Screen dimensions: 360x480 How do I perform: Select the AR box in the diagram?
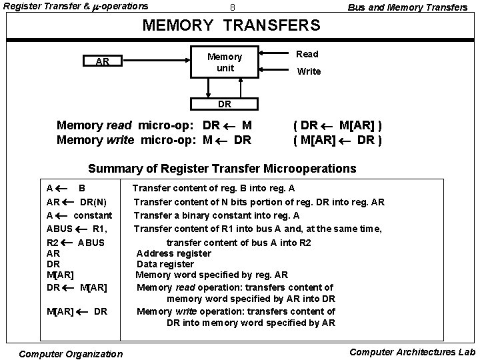click(103, 62)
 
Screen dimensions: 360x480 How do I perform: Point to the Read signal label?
click(307, 54)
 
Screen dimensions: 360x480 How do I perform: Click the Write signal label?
click(309, 71)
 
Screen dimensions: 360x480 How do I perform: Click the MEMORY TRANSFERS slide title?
click(233, 26)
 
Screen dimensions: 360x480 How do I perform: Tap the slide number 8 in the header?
click(233, 7)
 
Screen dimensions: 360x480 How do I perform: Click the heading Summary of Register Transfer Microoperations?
click(222, 167)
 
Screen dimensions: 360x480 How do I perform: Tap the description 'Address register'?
click(173, 253)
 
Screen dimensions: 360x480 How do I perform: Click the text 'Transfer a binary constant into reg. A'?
click(217, 215)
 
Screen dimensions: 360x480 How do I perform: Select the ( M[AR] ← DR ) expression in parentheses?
click(337, 140)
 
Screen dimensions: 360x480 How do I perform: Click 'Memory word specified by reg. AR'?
click(211, 275)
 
